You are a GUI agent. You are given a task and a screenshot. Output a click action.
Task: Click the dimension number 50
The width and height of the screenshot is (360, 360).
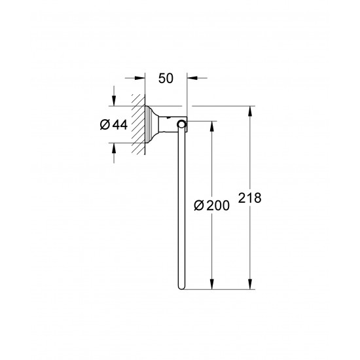166,78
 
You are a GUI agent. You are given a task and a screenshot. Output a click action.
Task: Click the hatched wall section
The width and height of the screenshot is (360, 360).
138,124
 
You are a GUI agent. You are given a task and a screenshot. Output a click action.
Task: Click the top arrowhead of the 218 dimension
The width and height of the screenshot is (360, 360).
249,110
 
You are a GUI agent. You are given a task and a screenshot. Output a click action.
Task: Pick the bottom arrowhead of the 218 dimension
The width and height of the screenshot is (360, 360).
249,284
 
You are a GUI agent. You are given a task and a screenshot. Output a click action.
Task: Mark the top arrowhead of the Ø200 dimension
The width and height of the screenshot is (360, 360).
211,124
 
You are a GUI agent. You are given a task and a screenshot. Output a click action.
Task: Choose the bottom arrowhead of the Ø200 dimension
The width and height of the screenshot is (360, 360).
211,284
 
